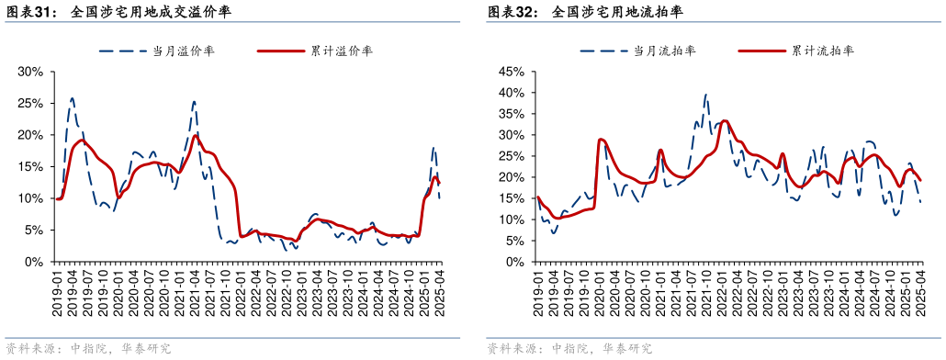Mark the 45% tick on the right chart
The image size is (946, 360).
[511, 72]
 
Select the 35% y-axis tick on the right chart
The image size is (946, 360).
[511, 114]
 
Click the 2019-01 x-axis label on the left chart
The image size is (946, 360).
[58, 292]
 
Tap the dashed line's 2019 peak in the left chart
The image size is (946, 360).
[73, 97]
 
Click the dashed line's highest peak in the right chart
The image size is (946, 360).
[705, 94]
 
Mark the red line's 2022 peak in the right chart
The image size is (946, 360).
[725, 120]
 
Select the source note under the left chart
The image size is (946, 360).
[88, 349]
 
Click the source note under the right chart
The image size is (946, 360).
[569, 349]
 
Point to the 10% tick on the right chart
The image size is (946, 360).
[511, 220]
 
